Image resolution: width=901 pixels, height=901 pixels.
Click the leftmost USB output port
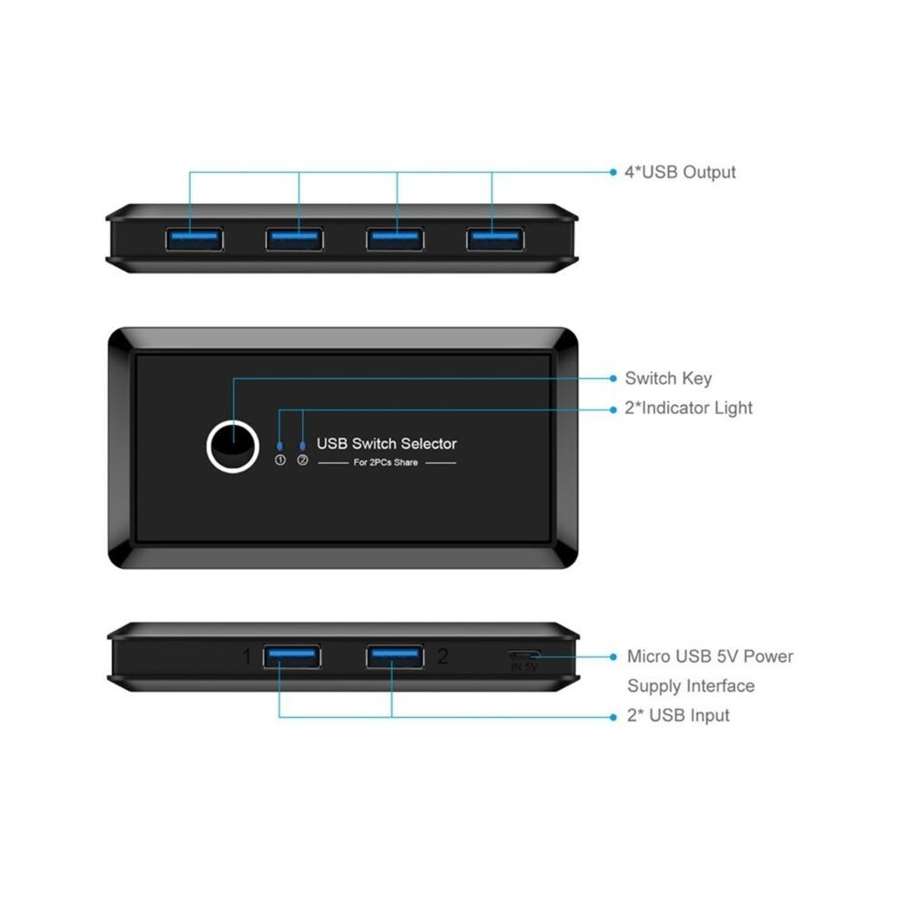[x=194, y=239]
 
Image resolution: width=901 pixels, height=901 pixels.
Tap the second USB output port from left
[x=295, y=239]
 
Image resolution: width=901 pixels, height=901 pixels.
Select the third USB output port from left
[x=395, y=239]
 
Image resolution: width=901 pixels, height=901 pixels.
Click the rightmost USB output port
[x=495, y=239]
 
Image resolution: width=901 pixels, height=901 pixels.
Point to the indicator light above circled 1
[x=279, y=446]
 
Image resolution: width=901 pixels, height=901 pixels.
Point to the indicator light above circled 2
[x=303, y=446]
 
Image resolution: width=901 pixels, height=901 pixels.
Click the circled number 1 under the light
[x=280, y=461]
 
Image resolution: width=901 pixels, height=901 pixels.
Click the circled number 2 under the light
[x=303, y=461]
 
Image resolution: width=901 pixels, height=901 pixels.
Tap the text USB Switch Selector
[x=387, y=443]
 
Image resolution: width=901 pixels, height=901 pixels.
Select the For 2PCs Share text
[x=386, y=462]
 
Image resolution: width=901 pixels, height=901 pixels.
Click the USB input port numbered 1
[x=292, y=657]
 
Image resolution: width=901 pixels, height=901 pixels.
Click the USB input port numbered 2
[x=395, y=657]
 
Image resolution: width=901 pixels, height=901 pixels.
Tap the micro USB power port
[x=524, y=654]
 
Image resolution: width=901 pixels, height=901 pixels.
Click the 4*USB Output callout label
[x=681, y=172]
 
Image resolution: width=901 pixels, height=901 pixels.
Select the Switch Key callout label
[x=668, y=379]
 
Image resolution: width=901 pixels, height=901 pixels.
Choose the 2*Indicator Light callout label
[x=688, y=408]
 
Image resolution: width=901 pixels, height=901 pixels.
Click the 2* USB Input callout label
[x=678, y=715]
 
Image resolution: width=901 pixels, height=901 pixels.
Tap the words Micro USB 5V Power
[x=710, y=656]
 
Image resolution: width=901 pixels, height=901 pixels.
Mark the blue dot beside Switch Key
[x=613, y=379]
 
